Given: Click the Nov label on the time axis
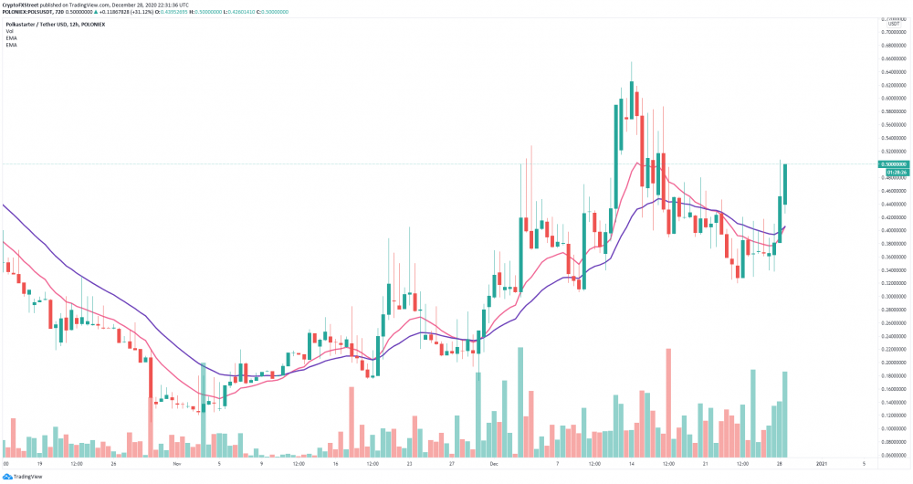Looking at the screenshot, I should [177, 464].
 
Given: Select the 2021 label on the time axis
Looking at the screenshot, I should [822, 464].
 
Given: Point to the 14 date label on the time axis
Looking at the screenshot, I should [631, 464].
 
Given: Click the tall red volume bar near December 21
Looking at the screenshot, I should [669, 402].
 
